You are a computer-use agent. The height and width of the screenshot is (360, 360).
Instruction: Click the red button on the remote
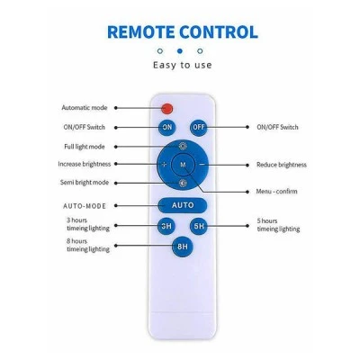[x=167, y=108]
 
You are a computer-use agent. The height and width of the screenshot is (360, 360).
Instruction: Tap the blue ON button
[x=167, y=127]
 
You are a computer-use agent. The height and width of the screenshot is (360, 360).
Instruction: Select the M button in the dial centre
[x=183, y=165]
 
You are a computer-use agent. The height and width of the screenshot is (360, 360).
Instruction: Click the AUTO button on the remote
[x=183, y=205]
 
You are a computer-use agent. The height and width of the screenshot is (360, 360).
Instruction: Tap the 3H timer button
[x=166, y=226]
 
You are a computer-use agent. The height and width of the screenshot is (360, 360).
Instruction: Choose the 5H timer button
[x=199, y=226]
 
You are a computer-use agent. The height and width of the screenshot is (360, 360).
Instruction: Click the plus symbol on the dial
[x=164, y=165]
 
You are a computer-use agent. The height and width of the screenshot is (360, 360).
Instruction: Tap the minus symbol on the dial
[x=202, y=165]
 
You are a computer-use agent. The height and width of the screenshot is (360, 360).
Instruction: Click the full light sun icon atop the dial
[x=183, y=147]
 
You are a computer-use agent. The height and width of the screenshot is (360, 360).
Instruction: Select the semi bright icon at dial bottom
[x=183, y=183]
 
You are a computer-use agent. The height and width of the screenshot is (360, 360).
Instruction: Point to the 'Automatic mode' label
[x=85, y=108]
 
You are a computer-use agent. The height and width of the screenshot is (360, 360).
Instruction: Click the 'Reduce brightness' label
[x=282, y=165]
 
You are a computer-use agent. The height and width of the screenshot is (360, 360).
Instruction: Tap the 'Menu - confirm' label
[x=276, y=192]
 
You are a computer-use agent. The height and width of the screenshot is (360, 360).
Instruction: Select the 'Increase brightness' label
[x=84, y=164]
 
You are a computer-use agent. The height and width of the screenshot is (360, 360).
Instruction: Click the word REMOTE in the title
[x=141, y=32]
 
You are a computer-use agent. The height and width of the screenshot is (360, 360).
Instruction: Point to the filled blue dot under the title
[x=180, y=51]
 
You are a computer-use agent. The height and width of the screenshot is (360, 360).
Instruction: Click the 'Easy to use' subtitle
[x=183, y=65]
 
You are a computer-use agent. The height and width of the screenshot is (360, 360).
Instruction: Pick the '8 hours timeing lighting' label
[x=88, y=245]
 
